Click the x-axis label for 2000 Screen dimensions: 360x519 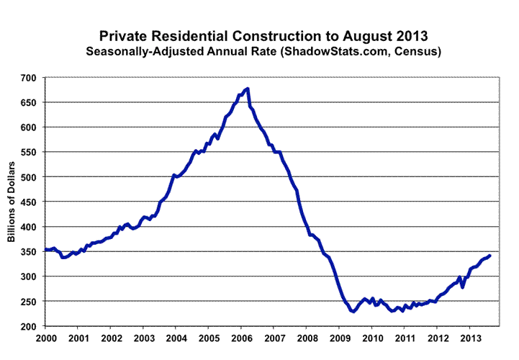point(47,338)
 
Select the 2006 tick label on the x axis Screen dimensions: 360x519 point(242,338)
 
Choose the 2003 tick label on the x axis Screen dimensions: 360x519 point(144,338)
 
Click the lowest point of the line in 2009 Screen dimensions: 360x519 point(353,311)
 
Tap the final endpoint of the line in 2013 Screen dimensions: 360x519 point(490,255)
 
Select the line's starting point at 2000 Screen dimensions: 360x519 point(46,250)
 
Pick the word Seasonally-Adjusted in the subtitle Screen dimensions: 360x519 point(141,52)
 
